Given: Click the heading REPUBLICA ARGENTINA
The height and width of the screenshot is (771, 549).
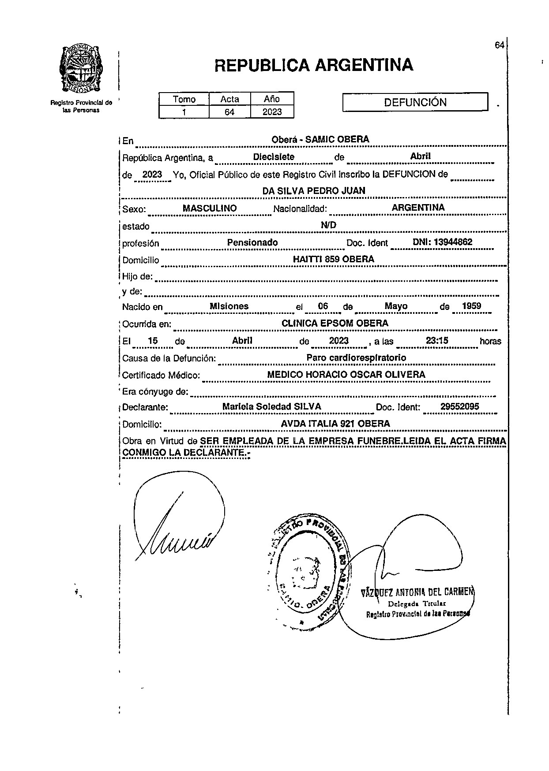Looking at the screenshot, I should (314, 65).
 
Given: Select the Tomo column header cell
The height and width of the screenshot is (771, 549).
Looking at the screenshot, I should (184, 99).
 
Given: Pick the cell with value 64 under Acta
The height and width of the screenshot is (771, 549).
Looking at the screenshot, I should (229, 112).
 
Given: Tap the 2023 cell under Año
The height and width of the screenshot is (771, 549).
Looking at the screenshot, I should (272, 112).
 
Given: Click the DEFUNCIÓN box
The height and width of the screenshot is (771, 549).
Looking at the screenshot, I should (415, 102).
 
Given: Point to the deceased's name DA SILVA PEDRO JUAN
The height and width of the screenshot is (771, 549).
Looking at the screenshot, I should (314, 190).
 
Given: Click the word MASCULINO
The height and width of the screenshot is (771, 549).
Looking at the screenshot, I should (210, 208).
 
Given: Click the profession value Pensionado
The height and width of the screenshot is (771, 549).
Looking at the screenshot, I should (252, 242).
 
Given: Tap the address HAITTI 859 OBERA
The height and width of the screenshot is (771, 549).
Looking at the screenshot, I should (334, 259).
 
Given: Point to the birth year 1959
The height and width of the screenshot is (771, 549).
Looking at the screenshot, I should (471, 306).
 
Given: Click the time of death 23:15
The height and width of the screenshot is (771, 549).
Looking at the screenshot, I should (436, 340).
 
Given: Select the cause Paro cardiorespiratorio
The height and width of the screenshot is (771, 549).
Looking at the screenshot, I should (356, 358).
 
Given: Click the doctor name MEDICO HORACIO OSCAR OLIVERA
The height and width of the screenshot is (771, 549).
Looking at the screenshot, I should (346, 375).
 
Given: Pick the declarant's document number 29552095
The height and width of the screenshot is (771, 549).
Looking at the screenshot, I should (459, 406).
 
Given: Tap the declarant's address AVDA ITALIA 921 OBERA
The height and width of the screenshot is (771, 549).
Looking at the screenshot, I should (335, 424).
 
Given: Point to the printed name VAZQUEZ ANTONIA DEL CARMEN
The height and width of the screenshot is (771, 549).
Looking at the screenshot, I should (417, 592).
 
